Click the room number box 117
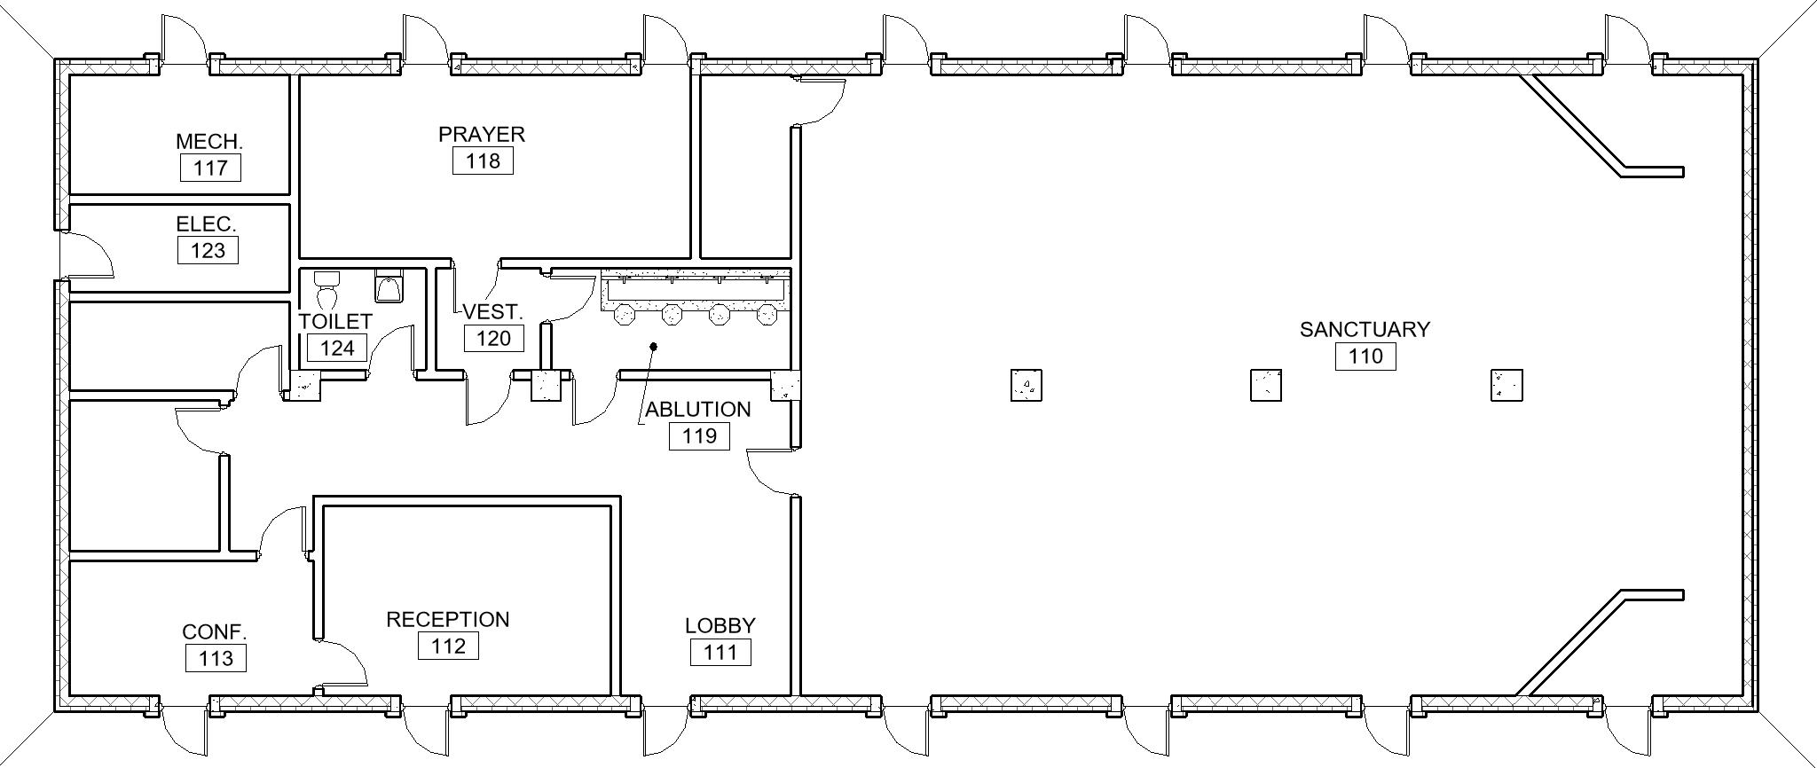210,168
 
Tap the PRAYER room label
482,134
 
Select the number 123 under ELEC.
208,250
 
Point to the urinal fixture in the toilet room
389,286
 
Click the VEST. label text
493,312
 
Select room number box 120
494,338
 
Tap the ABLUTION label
698,410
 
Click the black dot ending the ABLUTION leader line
654,346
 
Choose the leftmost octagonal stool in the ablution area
625,315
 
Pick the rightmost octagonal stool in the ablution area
767,315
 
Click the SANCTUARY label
1365,330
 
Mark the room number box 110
1365,357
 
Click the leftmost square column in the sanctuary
1026,385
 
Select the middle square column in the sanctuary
1266,385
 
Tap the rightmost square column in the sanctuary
1506,385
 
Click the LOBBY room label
720,626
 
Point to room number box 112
448,646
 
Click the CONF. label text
215,632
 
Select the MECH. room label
209,142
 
